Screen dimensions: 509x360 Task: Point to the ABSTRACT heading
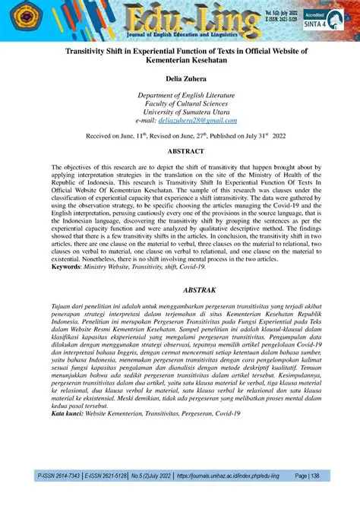[179, 151]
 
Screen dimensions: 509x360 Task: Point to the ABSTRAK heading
[179, 289]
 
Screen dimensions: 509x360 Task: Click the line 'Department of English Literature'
[179, 94]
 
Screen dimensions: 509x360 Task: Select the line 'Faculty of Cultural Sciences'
[179, 103]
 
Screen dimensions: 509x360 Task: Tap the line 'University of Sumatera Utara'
[179, 112]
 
